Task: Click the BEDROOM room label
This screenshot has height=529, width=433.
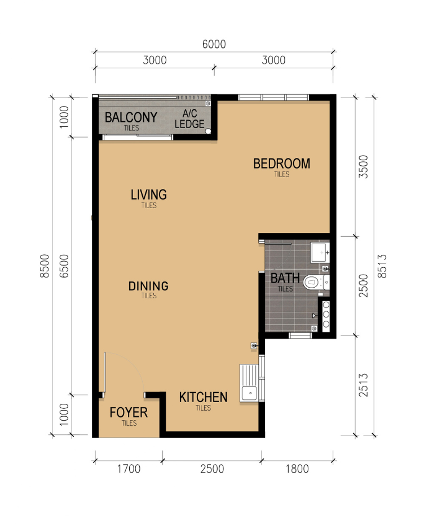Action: click(x=281, y=164)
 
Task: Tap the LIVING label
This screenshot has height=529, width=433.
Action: click(x=149, y=195)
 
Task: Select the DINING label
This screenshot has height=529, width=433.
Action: click(x=148, y=286)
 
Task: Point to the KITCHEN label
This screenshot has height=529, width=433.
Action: click(x=203, y=398)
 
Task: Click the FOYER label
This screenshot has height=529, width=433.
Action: click(x=129, y=413)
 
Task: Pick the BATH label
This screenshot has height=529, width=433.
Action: click(x=285, y=279)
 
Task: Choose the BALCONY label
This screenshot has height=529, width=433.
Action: click(x=131, y=117)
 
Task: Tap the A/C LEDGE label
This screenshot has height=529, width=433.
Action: click(x=189, y=119)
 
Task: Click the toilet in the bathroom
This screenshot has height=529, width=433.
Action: click(x=316, y=282)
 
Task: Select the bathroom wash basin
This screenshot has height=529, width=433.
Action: click(x=320, y=252)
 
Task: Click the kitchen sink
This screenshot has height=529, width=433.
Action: click(x=249, y=383)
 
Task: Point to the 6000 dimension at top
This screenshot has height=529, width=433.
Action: click(x=214, y=44)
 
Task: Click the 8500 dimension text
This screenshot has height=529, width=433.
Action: click(x=45, y=266)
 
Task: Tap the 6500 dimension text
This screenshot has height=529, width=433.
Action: click(x=64, y=266)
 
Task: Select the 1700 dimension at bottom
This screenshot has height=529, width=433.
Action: click(x=129, y=469)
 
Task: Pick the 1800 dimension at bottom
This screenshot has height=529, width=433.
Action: click(x=297, y=469)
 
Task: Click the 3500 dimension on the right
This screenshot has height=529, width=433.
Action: click(x=363, y=167)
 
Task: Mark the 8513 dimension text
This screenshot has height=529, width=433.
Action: click(x=382, y=266)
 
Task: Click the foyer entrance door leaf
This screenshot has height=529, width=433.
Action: click(x=105, y=372)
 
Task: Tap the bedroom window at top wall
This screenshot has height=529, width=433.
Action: click(x=273, y=98)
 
